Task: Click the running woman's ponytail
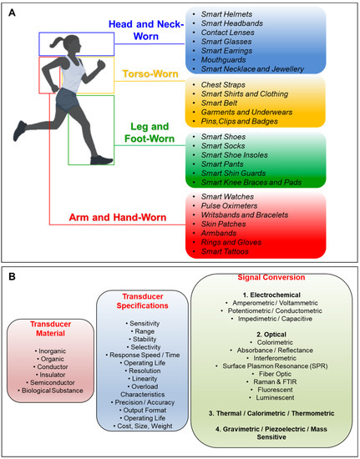(50, 23)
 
